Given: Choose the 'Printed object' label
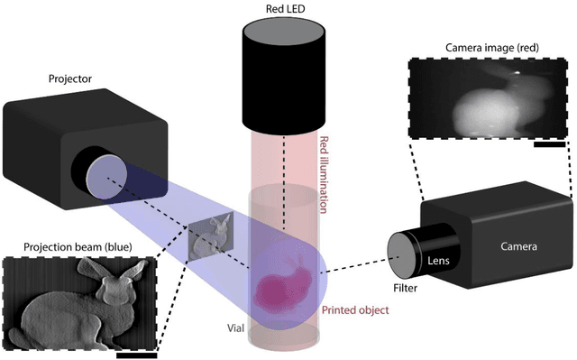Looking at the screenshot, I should (x=355, y=310).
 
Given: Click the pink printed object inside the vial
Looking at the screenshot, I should (x=283, y=281).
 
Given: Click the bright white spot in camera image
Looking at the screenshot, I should (x=517, y=71).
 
